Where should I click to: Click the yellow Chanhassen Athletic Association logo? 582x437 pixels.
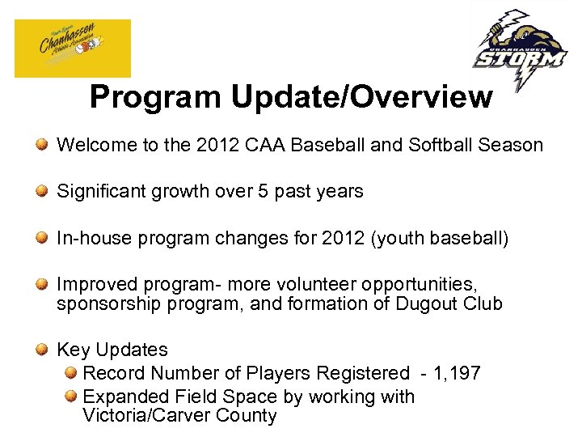coord(72,48)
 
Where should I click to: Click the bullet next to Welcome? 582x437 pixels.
coord(42,146)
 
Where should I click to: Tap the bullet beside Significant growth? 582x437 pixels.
coord(42,192)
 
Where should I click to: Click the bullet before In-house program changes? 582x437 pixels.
coord(42,238)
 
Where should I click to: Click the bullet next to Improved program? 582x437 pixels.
coord(42,285)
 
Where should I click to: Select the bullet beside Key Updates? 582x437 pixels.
coord(42,350)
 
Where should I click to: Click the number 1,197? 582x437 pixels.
coord(458,374)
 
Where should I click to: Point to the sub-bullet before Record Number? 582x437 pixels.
coord(71,374)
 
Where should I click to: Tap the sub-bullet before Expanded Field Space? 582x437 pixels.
coord(71,397)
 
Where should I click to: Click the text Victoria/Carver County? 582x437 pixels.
coord(179,416)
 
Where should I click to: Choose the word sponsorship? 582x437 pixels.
coord(103,304)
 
